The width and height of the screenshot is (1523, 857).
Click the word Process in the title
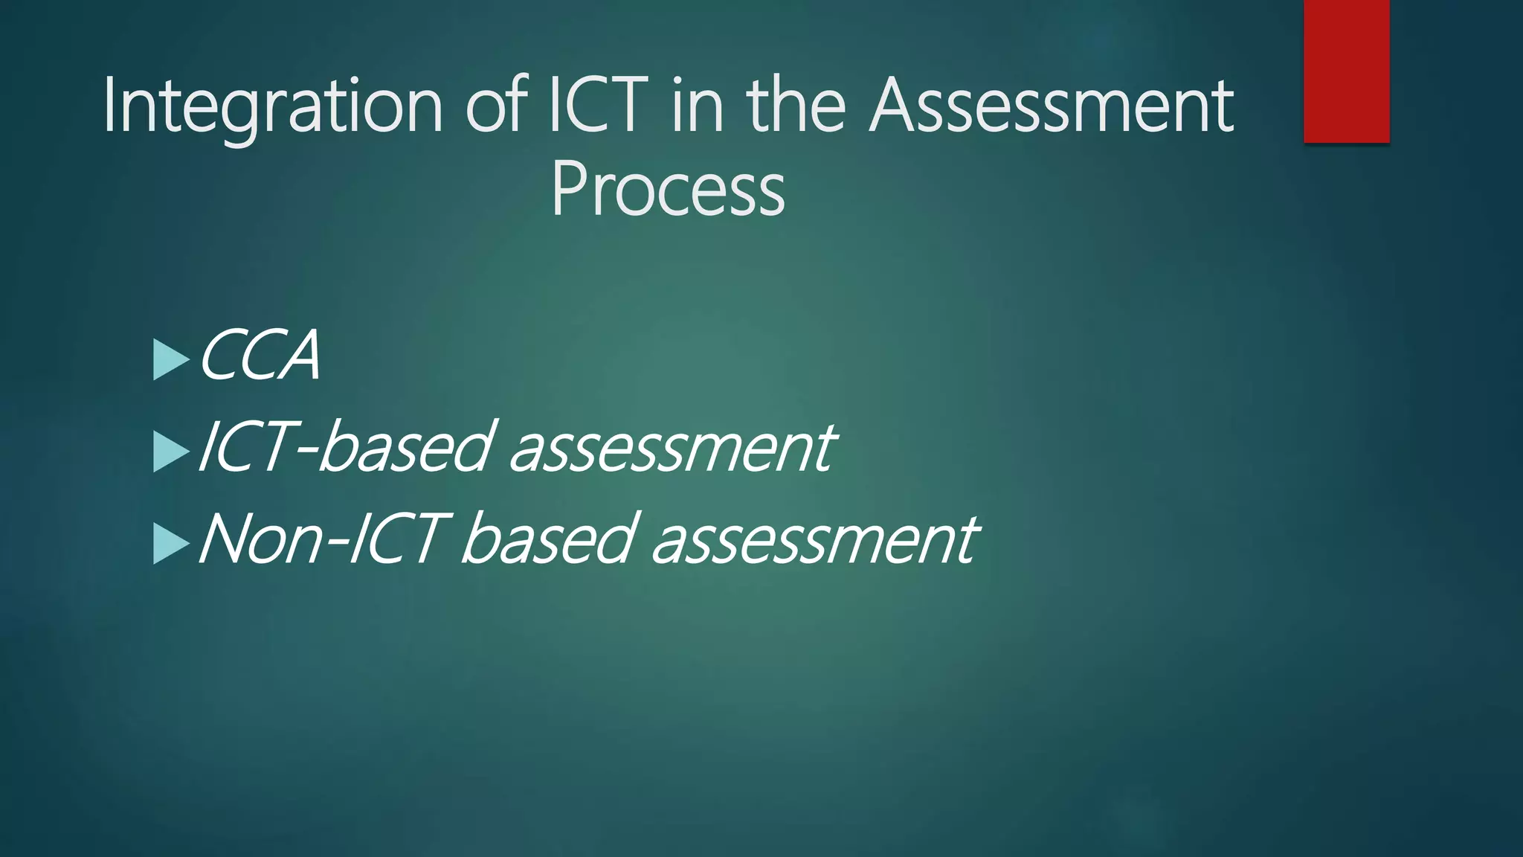[668, 190]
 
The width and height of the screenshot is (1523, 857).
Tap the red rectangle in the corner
[1346, 71]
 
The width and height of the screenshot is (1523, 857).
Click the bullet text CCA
[260, 356]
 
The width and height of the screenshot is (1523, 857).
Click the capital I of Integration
[109, 106]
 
